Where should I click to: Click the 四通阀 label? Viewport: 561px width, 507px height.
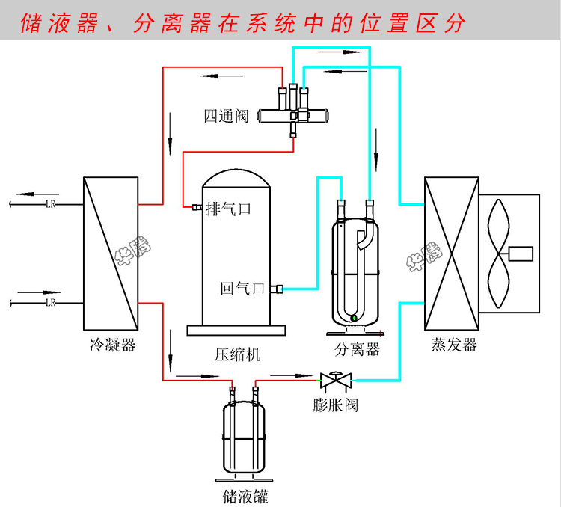coord(227,117)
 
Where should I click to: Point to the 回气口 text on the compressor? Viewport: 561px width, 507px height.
coord(243,288)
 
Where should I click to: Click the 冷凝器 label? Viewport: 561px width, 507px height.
coord(111,345)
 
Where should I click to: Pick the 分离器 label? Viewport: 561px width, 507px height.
coord(358,349)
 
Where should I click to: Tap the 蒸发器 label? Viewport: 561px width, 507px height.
coord(454,345)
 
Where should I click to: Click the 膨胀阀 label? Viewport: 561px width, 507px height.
coord(336,405)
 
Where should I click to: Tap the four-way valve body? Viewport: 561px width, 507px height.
coord(293,117)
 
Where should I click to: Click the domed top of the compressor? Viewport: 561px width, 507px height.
coord(235,178)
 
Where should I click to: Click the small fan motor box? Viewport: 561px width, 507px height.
coord(521,253)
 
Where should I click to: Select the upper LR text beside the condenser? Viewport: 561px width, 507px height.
coord(51,203)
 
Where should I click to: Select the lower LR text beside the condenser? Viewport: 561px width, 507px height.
coord(51,302)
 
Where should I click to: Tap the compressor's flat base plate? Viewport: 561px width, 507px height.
coord(235,330)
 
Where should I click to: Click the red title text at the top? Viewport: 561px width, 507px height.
coord(244,23)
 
